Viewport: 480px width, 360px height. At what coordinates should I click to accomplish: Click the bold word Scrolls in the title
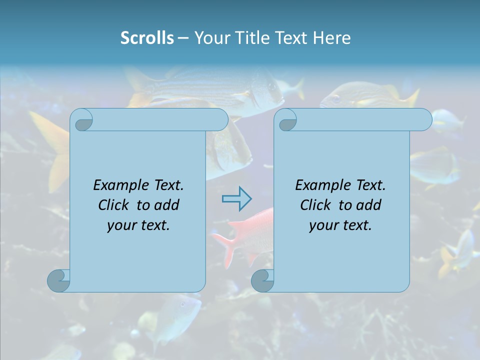coord(147,38)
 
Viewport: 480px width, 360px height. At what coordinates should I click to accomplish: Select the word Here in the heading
coord(331,38)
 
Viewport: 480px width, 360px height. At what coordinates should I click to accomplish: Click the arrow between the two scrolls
coord(236,199)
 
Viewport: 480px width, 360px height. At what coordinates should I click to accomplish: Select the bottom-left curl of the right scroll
coord(262,280)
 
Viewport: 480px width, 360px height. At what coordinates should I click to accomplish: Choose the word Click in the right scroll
coord(315,205)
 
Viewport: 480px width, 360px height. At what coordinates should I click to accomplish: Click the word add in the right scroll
coord(369,205)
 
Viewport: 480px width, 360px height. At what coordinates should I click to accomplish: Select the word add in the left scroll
coord(167,205)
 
